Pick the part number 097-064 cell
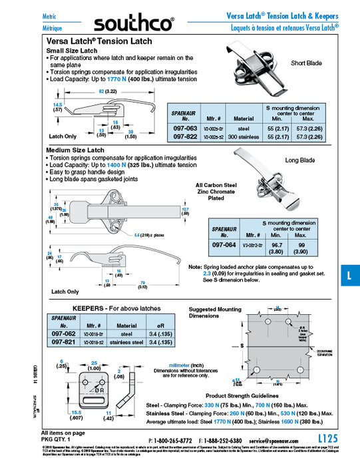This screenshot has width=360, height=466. (225, 245)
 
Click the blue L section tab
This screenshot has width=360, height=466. (351, 274)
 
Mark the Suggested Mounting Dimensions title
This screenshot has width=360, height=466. (215, 312)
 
